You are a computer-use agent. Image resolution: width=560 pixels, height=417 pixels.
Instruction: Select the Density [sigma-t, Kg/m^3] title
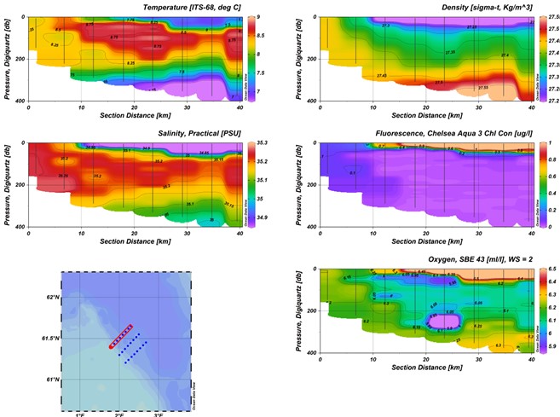[x=416, y=7]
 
